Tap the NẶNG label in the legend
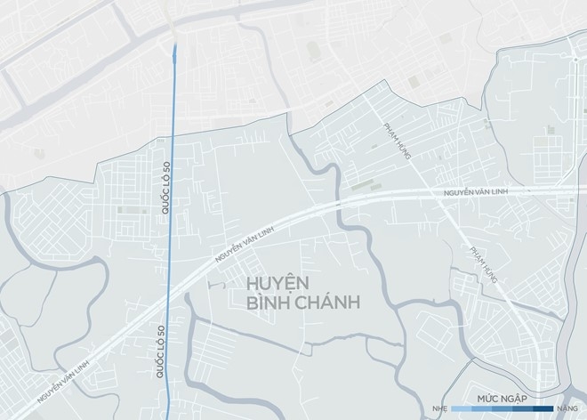click(x=567, y=408)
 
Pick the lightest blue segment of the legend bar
click(x=462, y=408)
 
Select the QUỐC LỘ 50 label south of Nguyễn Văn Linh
click(x=161, y=349)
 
